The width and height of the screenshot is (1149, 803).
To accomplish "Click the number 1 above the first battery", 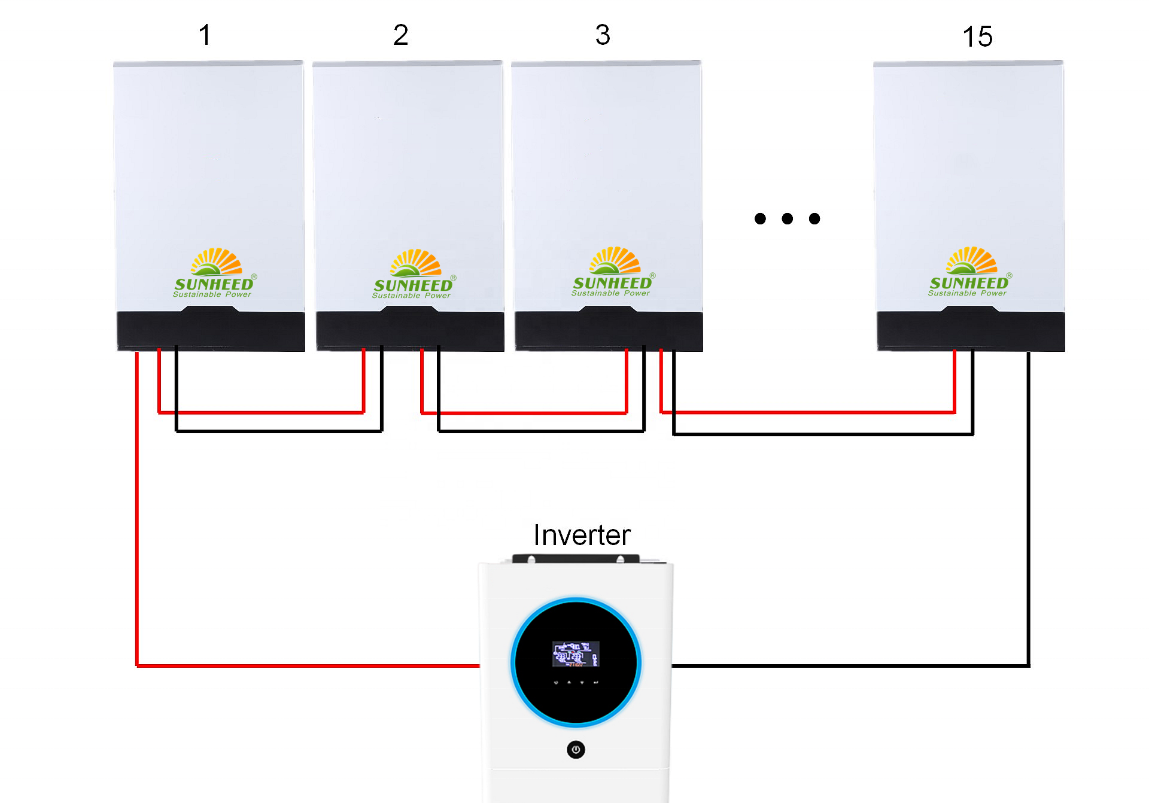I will click(x=205, y=35).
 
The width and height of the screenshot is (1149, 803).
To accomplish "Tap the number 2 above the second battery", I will click(x=400, y=35).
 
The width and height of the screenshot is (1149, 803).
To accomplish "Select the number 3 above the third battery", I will click(x=603, y=35).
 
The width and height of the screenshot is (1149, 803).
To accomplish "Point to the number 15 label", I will click(x=977, y=37).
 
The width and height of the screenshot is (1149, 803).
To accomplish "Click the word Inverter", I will click(x=582, y=535).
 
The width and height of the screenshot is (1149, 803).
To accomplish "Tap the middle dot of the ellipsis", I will click(x=787, y=219).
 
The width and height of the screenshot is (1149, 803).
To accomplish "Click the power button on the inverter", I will click(x=576, y=749).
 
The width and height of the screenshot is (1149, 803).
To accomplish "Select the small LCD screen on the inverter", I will click(x=575, y=653).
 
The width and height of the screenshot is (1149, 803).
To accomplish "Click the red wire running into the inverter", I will click(x=299, y=665).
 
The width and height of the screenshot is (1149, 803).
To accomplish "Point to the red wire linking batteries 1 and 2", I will click(x=261, y=412).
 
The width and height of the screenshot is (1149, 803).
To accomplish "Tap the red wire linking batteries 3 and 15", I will click(x=808, y=412).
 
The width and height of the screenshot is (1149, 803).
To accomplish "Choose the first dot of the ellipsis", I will click(x=760, y=219).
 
